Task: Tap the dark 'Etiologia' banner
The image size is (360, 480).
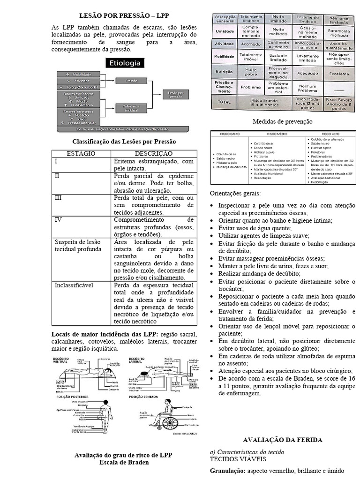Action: pos(124,63)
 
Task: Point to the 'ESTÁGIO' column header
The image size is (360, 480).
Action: pos(81,154)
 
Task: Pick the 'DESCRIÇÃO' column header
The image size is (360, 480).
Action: pos(154,154)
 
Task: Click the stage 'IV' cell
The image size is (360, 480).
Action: pos(59,219)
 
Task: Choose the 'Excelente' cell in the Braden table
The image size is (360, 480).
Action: pos(338,74)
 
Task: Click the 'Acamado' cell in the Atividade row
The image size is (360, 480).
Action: pos(251,44)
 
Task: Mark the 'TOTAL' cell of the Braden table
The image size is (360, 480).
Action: pos(224,101)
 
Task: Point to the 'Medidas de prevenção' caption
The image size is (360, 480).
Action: pos(282,121)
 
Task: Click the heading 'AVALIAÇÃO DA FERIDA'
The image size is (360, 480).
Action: pos(282,440)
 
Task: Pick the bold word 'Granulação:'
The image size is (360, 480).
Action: pos(227,470)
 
